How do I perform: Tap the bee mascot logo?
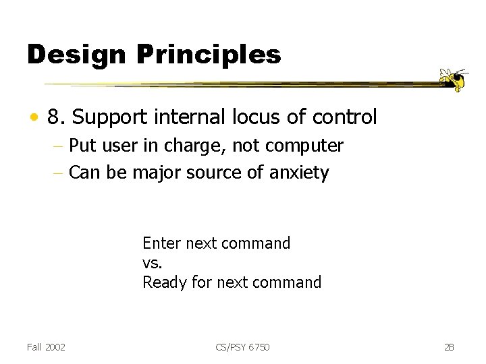(x=453, y=79)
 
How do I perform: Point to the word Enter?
(x=161, y=243)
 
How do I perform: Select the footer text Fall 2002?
(x=47, y=346)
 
